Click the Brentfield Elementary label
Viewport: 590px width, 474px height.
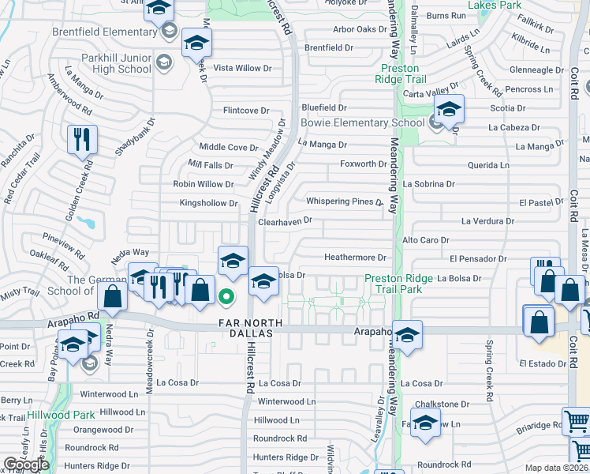point(106,32)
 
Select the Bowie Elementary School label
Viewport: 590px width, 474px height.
point(362,122)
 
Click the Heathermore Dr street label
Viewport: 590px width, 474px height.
point(355,258)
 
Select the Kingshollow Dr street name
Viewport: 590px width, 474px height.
point(208,203)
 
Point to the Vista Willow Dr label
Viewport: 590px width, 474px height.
point(243,68)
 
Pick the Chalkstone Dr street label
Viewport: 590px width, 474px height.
point(442,404)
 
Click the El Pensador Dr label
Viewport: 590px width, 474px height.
point(478,258)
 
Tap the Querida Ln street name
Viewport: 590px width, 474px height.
point(489,165)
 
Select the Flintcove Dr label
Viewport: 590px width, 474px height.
point(246,111)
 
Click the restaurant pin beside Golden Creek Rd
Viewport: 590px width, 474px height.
point(83,140)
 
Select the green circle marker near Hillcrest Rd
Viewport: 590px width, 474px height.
point(226,298)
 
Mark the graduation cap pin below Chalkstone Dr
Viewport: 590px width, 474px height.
point(425,422)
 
